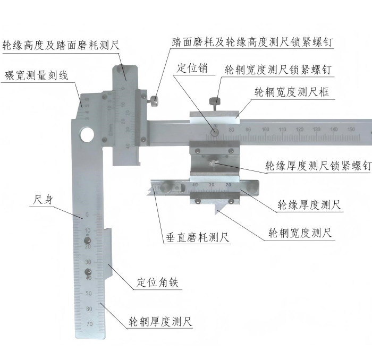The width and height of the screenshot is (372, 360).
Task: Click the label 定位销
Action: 192,68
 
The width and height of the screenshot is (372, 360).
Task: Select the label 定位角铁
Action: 157,282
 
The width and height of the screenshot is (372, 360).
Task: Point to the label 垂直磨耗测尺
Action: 197,237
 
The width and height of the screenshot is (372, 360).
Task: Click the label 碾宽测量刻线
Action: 37,75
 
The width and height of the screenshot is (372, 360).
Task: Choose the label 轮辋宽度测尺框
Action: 292,92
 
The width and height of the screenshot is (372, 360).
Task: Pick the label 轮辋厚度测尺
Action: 160,322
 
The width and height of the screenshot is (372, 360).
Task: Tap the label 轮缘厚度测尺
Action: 309,204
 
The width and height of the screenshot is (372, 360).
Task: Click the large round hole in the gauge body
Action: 87,135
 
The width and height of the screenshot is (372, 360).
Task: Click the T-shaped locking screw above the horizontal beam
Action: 215,104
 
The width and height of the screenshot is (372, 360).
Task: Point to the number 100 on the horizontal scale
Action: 265,130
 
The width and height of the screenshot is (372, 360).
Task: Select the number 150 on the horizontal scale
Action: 351,129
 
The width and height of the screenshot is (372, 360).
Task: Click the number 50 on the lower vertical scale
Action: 89,293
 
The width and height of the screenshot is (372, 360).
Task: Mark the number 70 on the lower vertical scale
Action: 89,324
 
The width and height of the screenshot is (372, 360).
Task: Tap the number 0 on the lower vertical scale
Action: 87,215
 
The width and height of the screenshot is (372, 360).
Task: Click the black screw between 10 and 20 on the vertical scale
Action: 88,241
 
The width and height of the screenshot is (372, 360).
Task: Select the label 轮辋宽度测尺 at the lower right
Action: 300,233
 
